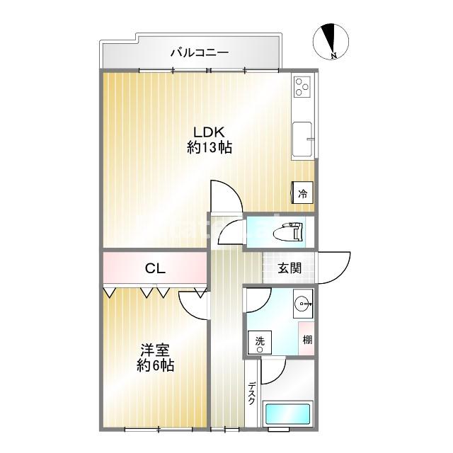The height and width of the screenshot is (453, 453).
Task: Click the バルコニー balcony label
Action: coord(199,52)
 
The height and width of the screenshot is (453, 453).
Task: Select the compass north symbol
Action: coord(328,41)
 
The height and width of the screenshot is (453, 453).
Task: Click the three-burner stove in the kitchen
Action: coord(304,88)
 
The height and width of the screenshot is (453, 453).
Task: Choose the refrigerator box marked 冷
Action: coord(302,193)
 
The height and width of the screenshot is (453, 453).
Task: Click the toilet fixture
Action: coord(291,231)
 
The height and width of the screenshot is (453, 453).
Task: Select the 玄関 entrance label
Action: coord(289,268)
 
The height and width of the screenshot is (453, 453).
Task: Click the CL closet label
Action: coord(155,268)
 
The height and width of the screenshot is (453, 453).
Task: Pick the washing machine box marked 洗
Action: coord(260,344)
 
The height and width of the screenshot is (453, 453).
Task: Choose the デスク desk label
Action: coord(252,394)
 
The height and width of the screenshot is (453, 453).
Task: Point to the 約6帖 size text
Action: coord(155,367)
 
